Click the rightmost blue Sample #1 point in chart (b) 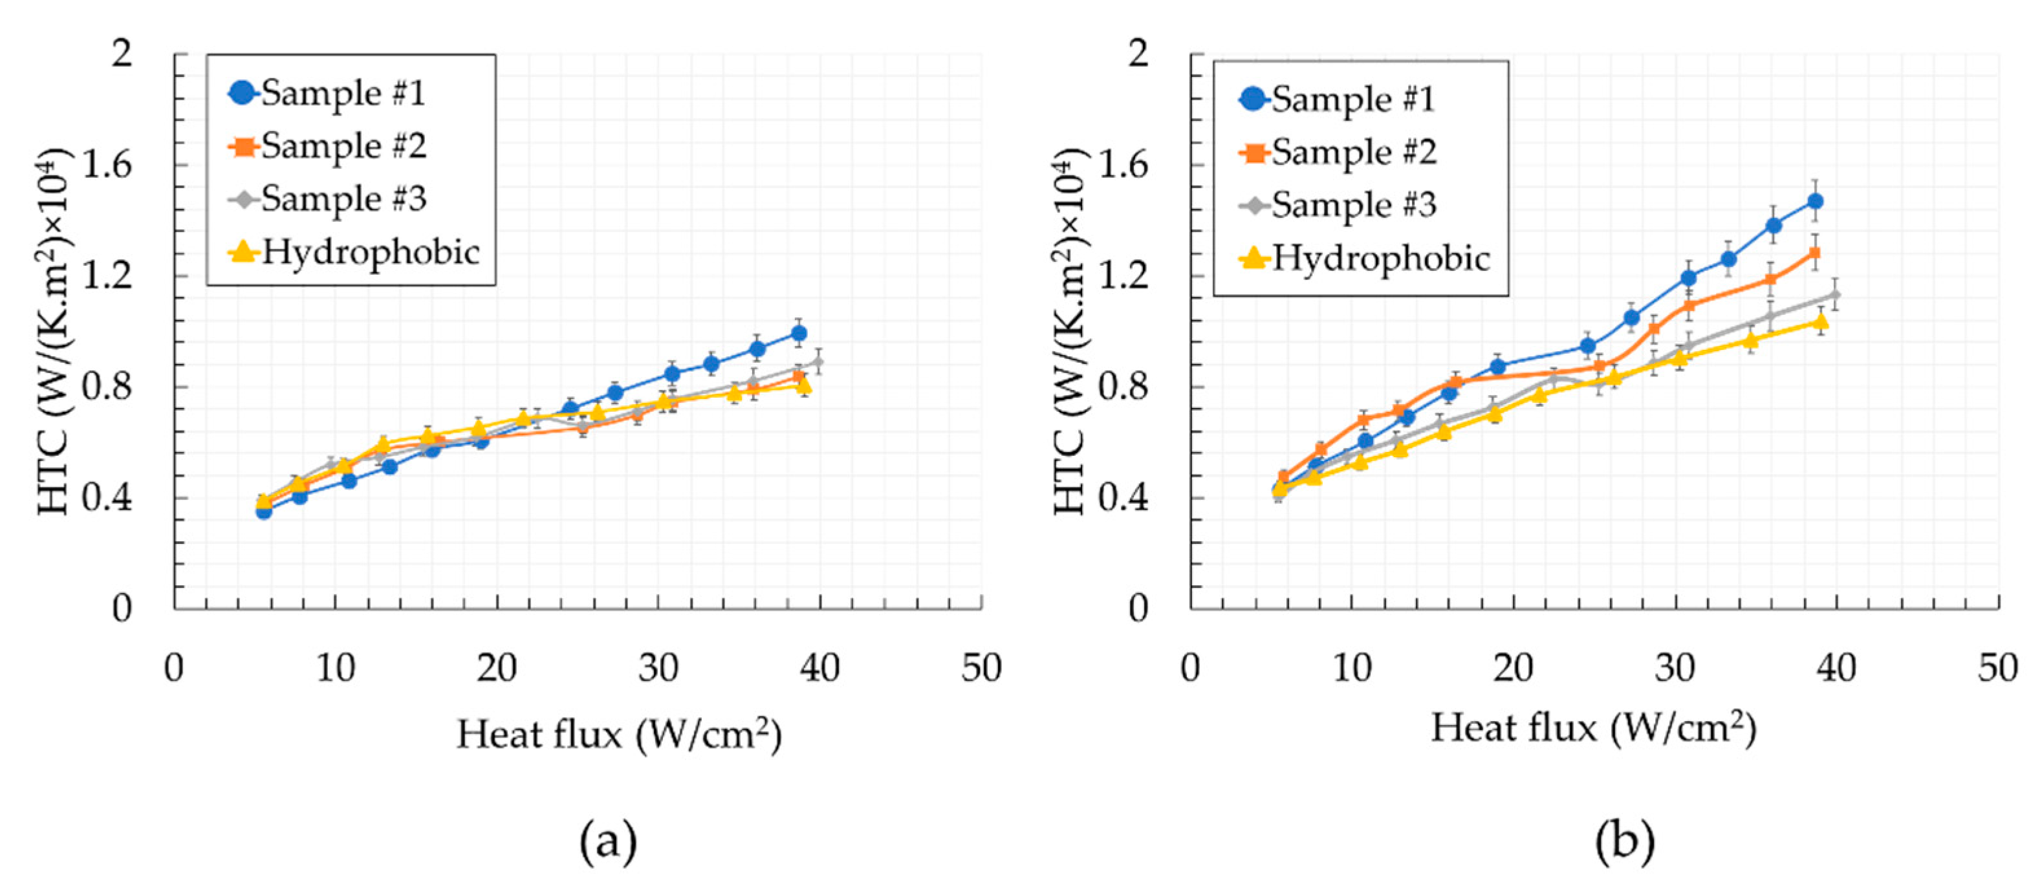point(1815,201)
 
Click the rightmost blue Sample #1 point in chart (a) point(799,333)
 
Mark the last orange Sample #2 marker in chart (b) point(1814,253)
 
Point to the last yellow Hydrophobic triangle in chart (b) point(1821,321)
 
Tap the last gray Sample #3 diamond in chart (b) point(1835,296)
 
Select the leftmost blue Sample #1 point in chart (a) point(264,511)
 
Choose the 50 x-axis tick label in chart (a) point(981,668)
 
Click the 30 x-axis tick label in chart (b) point(1674,668)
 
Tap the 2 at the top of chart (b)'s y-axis point(1138,54)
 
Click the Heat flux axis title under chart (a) point(618,734)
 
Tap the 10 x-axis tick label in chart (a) point(335,668)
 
